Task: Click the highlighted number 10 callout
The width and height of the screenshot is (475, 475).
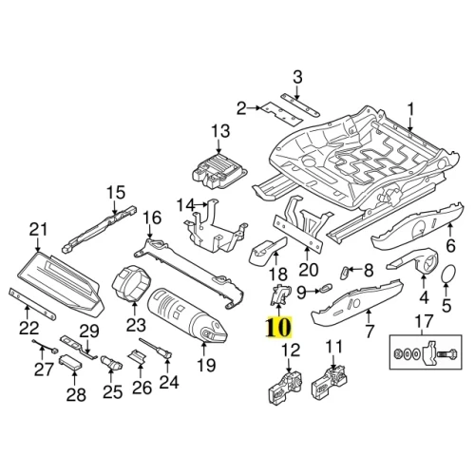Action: click(279, 327)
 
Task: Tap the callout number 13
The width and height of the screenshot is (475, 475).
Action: click(220, 131)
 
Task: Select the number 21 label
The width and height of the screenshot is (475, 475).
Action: click(38, 229)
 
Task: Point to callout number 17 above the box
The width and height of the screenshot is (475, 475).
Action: click(424, 320)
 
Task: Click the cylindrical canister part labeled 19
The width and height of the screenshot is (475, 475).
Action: click(187, 315)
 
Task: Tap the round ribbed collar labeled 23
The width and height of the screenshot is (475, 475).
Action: click(132, 283)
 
